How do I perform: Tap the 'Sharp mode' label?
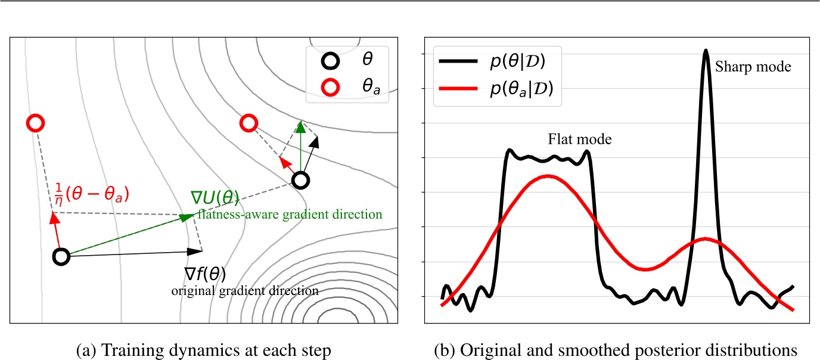click(753, 67)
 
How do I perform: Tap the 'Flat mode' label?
click(580, 139)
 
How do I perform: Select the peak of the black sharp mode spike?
click(706, 51)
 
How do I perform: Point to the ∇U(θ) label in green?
click(216, 198)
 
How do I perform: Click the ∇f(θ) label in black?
click(204, 274)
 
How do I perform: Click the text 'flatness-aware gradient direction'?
click(289, 213)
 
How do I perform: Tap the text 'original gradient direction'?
click(244, 291)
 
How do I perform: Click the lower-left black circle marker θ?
click(61, 257)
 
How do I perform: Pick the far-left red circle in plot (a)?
click(35, 123)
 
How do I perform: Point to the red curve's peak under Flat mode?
click(548, 176)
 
